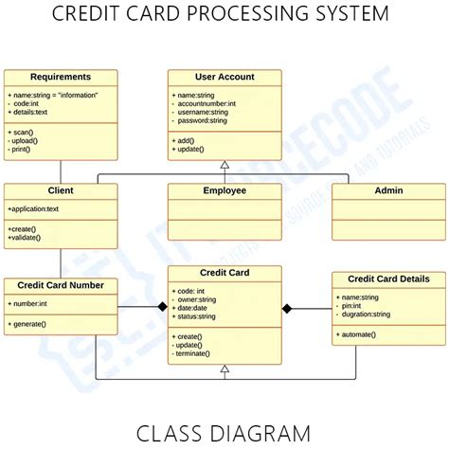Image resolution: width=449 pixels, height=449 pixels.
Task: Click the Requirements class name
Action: pos(61,77)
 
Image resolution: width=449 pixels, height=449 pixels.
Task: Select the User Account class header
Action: pos(224,77)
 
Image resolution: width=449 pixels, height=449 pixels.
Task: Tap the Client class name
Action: pos(61,190)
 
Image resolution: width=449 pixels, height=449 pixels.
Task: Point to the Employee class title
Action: pos(224,190)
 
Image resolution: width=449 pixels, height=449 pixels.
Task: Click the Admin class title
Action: pos(388,190)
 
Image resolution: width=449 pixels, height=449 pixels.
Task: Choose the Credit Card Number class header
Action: pos(61,284)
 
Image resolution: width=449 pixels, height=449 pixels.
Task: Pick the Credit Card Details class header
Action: pos(388,278)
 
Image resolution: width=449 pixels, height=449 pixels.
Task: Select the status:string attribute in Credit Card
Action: pos(199,316)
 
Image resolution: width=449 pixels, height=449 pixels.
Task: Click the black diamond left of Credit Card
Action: pos(162,308)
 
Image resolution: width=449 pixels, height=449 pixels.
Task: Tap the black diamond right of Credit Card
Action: pos(288,308)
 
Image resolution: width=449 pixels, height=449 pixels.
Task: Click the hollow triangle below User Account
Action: pos(224,165)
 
